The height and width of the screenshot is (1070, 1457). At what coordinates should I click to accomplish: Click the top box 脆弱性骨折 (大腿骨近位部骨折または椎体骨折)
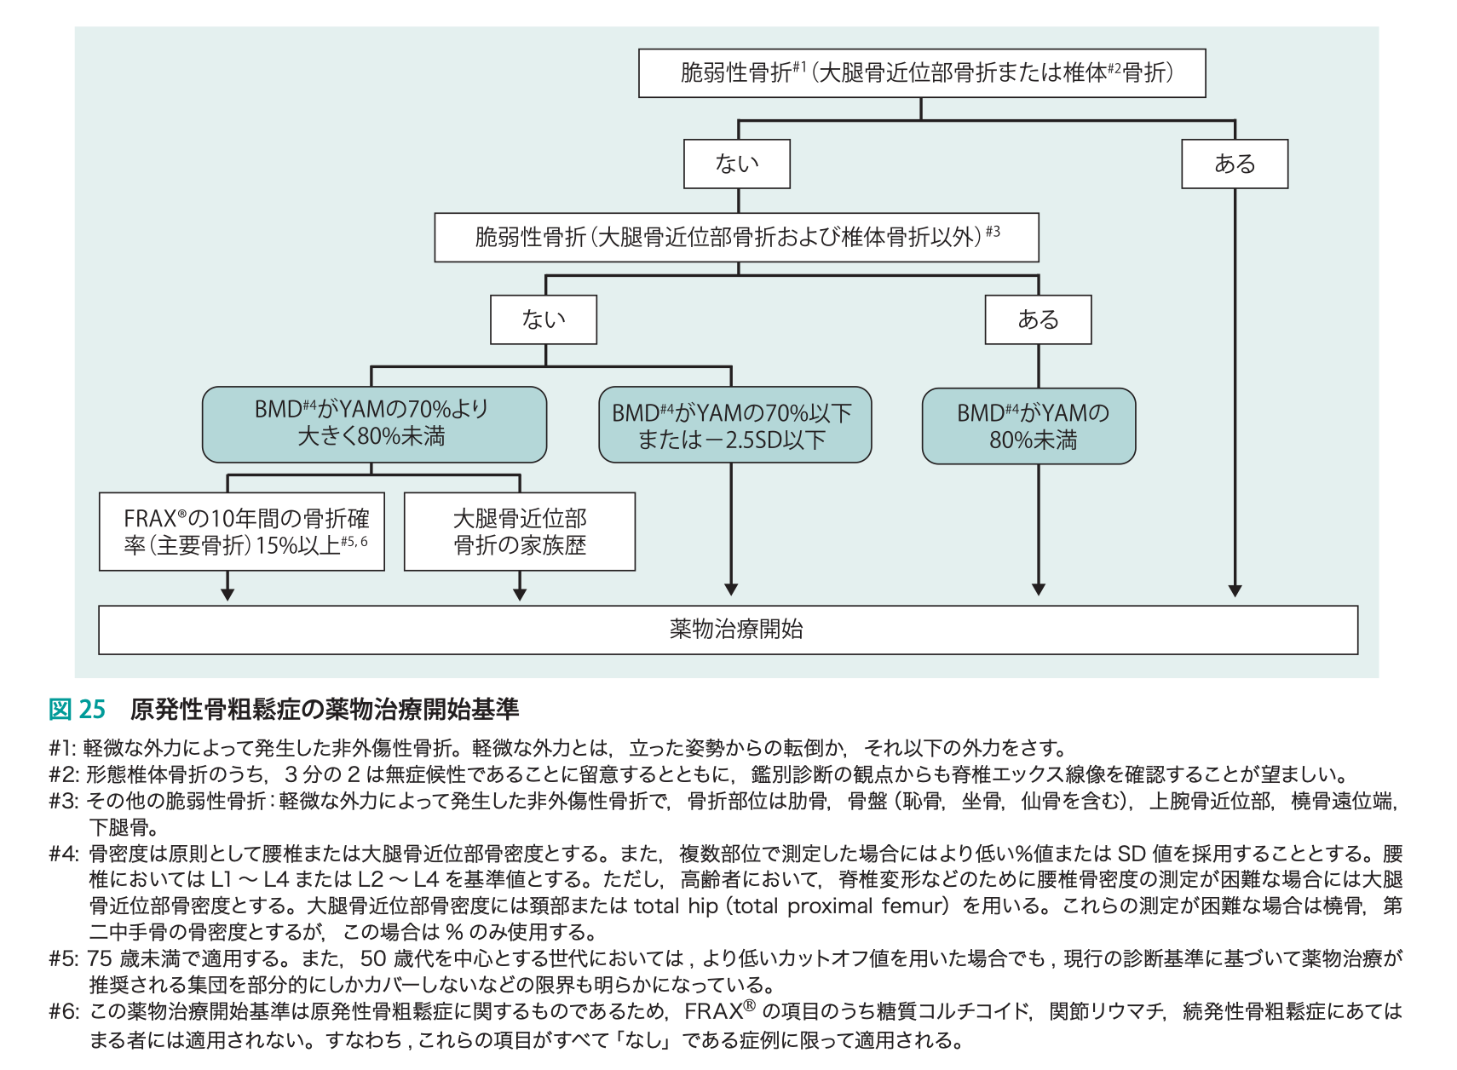click(921, 73)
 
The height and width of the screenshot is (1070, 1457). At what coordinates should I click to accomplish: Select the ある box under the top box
click(1234, 164)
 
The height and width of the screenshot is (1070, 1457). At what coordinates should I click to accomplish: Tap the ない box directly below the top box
click(736, 164)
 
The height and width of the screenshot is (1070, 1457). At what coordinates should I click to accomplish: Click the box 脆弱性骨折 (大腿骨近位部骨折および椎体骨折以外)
click(736, 237)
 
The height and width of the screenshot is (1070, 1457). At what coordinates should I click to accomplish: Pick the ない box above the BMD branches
click(544, 319)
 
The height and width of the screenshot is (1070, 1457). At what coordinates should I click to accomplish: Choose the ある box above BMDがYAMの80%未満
click(1038, 319)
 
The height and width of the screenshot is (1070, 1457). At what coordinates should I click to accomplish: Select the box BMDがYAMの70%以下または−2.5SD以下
click(734, 425)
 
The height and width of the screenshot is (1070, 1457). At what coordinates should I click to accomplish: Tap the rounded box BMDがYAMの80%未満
click(1028, 426)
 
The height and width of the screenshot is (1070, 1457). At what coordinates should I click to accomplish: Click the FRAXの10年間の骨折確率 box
click(242, 532)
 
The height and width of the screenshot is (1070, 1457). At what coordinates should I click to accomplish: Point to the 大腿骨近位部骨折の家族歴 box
click(520, 532)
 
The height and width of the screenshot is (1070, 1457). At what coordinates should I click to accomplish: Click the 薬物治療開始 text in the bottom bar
click(736, 630)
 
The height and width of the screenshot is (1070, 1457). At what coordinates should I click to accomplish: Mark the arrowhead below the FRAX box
click(227, 594)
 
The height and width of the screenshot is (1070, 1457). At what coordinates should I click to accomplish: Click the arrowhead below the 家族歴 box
click(520, 594)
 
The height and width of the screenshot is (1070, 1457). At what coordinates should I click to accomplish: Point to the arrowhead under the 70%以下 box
click(731, 589)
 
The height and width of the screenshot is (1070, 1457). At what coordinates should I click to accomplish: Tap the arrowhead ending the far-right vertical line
click(1235, 590)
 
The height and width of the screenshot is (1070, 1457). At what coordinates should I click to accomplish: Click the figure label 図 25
click(77, 709)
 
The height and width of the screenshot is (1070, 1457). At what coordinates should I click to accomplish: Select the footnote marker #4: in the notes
click(64, 854)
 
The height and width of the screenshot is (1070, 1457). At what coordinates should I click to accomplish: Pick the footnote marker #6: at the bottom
click(64, 1012)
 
